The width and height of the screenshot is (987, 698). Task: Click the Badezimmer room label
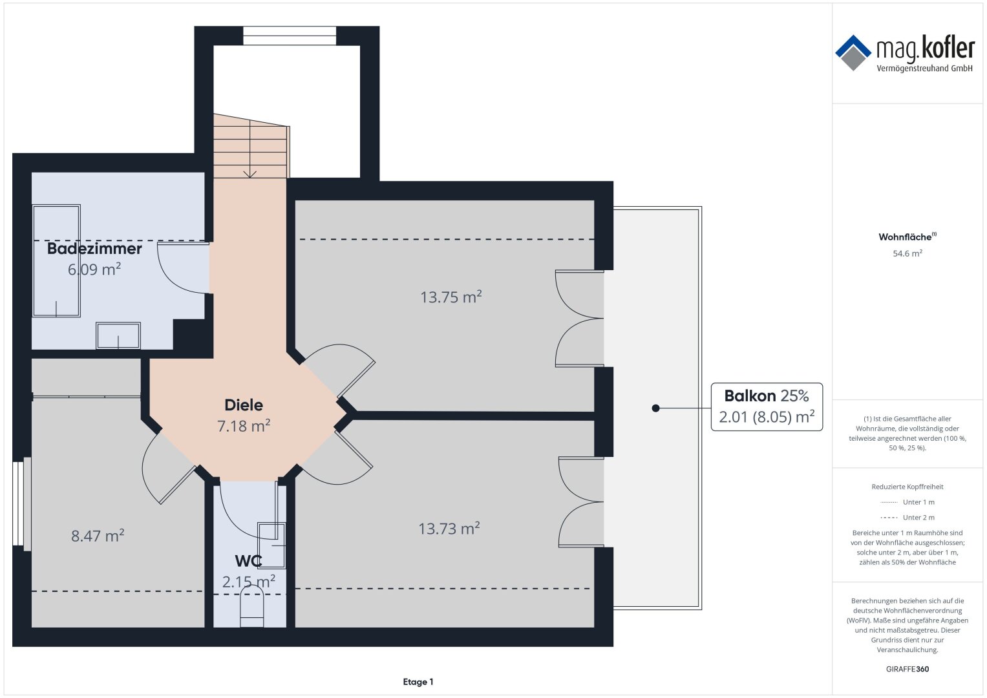[94, 249]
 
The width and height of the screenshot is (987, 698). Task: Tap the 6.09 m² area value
[94, 269]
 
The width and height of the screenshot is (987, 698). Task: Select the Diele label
[244, 405]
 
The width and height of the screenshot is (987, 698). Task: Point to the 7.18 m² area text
[244, 426]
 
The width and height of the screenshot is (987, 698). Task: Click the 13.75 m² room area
[451, 297]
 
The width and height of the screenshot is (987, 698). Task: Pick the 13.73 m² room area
[449, 528]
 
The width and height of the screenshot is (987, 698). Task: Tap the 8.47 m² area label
[98, 535]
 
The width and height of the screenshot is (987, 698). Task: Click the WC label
[248, 561]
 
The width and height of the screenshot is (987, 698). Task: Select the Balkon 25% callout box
[767, 407]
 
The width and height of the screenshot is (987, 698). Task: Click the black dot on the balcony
[655, 408]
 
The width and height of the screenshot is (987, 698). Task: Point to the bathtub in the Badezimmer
[56, 260]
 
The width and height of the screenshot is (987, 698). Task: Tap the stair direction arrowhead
[250, 174]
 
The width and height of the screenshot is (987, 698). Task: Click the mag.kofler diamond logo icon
[853, 53]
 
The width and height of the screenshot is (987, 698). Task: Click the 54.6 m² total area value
[907, 253]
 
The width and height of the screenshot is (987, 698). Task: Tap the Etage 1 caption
[418, 682]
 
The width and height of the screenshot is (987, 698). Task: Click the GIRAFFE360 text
[907, 669]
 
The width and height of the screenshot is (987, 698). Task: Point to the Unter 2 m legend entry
[907, 517]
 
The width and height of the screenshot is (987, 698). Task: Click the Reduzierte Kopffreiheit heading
[907, 487]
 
